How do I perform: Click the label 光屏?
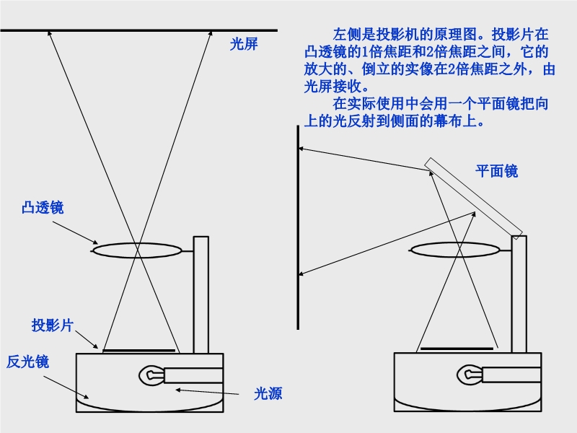pos(244,44)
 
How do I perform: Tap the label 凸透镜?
pos(43,208)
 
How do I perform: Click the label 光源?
pos(268,393)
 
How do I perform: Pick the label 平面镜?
pos(496,171)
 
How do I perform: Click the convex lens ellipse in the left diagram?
pos(136,250)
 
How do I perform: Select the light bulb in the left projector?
pos(150,375)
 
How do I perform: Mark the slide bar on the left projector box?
pos(139,350)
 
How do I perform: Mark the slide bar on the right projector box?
pos(457,348)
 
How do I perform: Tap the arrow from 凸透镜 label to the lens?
pos(76,230)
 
